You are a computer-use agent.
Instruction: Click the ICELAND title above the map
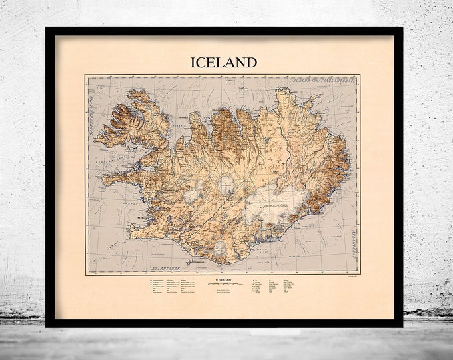coord(224,63)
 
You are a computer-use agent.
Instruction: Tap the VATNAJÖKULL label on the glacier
coord(269,189)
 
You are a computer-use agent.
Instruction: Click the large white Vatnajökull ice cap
coord(270,197)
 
